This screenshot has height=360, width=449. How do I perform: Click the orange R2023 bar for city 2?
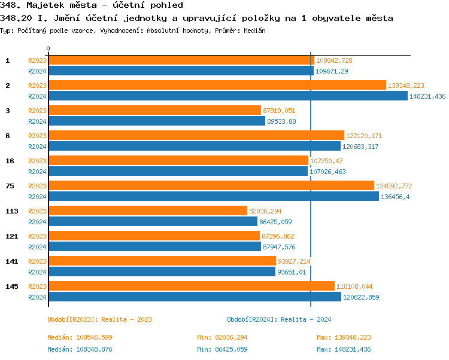(x=217, y=85)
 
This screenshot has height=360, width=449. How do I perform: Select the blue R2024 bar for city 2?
(x=227, y=96)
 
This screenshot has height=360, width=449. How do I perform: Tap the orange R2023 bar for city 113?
(x=147, y=210)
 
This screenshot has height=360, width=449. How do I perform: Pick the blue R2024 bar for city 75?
(x=213, y=196)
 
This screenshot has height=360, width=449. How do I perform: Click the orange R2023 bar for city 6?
(x=196, y=135)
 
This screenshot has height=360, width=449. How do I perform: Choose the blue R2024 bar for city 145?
(x=194, y=297)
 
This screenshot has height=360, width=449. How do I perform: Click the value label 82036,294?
(x=265, y=211)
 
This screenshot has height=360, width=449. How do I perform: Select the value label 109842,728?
(x=334, y=60)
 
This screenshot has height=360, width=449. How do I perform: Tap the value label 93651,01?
(x=295, y=272)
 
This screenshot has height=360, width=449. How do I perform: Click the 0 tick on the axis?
(x=48, y=48)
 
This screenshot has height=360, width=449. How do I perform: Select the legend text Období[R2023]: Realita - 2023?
(x=99, y=319)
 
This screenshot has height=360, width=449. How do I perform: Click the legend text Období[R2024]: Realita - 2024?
(x=279, y=319)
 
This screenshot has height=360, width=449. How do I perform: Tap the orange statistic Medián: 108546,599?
(x=80, y=338)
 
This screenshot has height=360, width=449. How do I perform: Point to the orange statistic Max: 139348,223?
(x=344, y=338)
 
